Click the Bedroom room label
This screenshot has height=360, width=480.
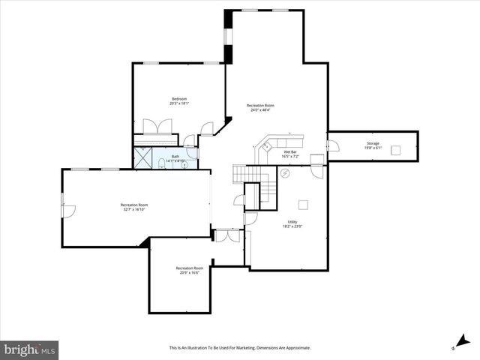click(179, 99)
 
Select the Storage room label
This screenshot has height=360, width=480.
click(373, 143)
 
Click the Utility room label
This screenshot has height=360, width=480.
click(292, 221)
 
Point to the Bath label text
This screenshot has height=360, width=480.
click(175, 156)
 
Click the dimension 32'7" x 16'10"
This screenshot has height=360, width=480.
click(133, 209)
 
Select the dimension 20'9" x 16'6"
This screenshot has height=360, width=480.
click(189, 272)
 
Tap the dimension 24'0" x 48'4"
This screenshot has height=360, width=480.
click(260, 110)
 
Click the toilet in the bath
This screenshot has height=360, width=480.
click(162, 164)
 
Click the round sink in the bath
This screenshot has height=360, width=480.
click(185, 165)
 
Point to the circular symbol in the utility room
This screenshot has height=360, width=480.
click(285, 174)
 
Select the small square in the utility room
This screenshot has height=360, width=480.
click(303, 203)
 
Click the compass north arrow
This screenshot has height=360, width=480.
click(458, 342)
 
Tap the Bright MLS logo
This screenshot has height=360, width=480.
click(30, 349)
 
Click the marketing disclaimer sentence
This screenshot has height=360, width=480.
click(239, 348)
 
